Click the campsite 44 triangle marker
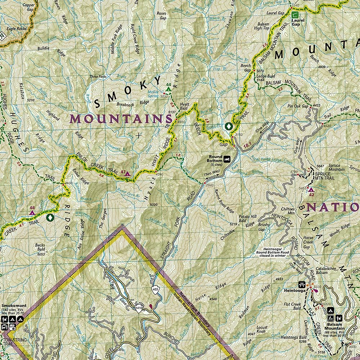pos(168,89)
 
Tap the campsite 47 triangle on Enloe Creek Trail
pos(127,174)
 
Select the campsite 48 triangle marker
pos(32,213)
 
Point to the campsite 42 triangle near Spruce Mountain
pos(311,190)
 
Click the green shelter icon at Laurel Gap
pos(295,15)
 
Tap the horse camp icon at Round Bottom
pos(227,159)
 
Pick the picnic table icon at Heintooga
pos(303,284)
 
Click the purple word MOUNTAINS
pos(121,119)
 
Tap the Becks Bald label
pos(40,248)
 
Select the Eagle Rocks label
pos(16,28)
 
